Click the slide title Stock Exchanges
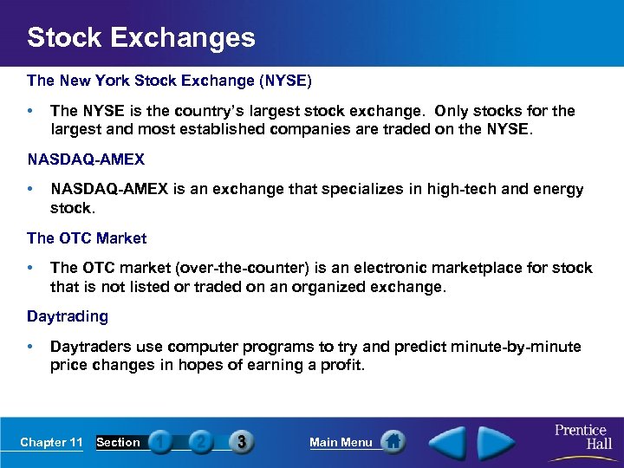[x=141, y=37]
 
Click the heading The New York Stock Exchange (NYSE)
[x=169, y=81]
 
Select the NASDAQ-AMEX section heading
[x=86, y=159]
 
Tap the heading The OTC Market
[x=87, y=238]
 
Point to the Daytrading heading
[x=68, y=316]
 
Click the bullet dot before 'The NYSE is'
[x=31, y=112]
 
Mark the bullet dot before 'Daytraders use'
[x=31, y=347]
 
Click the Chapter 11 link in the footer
[x=51, y=443]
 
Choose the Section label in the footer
[x=118, y=443]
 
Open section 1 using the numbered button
[x=160, y=442]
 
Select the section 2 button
[x=201, y=442]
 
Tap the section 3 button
[x=242, y=442]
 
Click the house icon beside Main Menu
[x=393, y=442]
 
